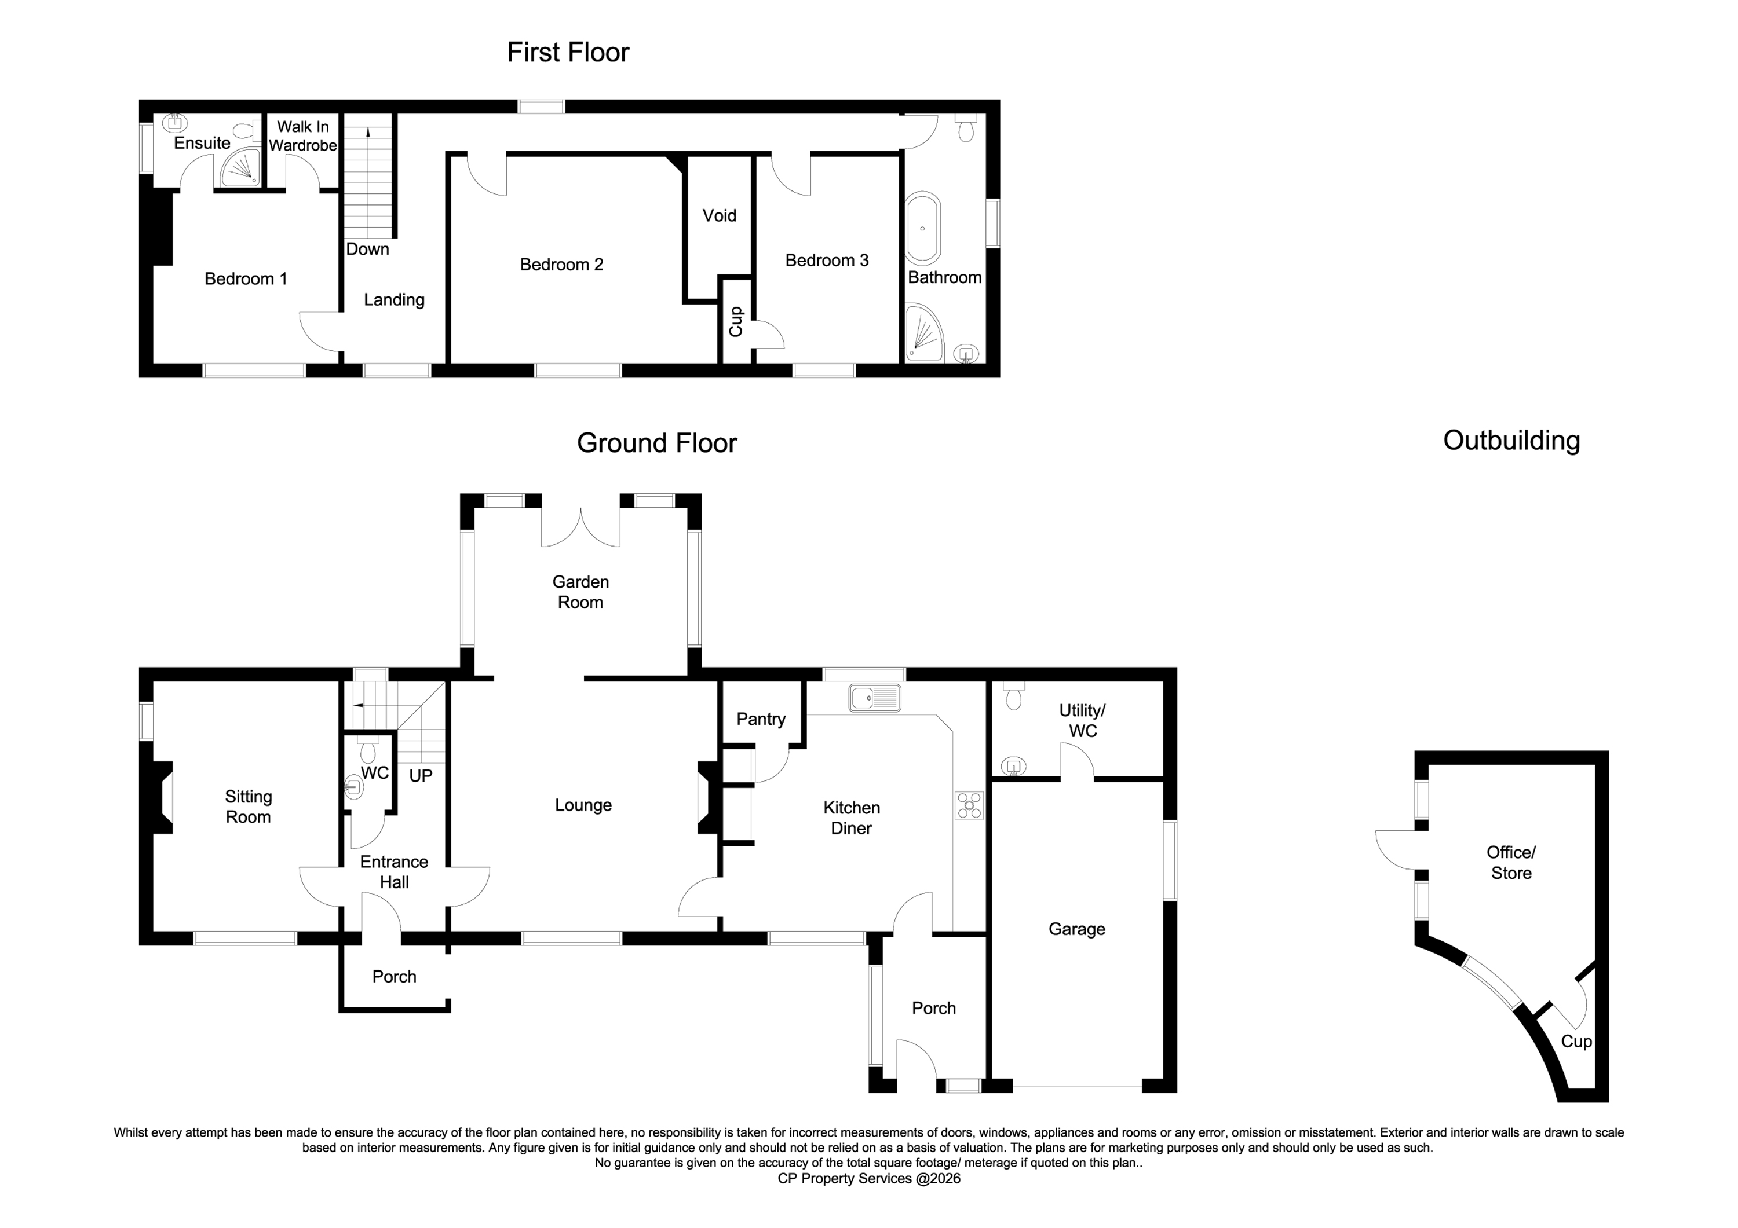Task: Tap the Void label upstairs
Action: pyautogui.click(x=719, y=215)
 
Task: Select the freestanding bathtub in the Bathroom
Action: pyautogui.click(x=923, y=228)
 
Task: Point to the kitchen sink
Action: pyautogui.click(x=874, y=698)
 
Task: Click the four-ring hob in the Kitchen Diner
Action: pyautogui.click(x=969, y=805)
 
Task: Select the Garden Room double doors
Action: pyautogui.click(x=580, y=527)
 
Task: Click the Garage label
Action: pyautogui.click(x=1076, y=929)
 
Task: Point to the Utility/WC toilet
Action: pyautogui.click(x=1014, y=697)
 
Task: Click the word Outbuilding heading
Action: pyautogui.click(x=1511, y=441)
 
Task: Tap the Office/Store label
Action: pyautogui.click(x=1511, y=863)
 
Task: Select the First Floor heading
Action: pyautogui.click(x=568, y=52)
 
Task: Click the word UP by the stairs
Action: pyautogui.click(x=420, y=776)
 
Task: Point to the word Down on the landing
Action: pyautogui.click(x=367, y=249)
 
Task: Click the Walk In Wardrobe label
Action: pyautogui.click(x=303, y=136)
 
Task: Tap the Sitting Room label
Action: pyautogui.click(x=249, y=807)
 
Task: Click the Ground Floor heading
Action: pyautogui.click(x=656, y=443)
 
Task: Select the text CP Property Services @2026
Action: pyautogui.click(x=869, y=1178)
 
